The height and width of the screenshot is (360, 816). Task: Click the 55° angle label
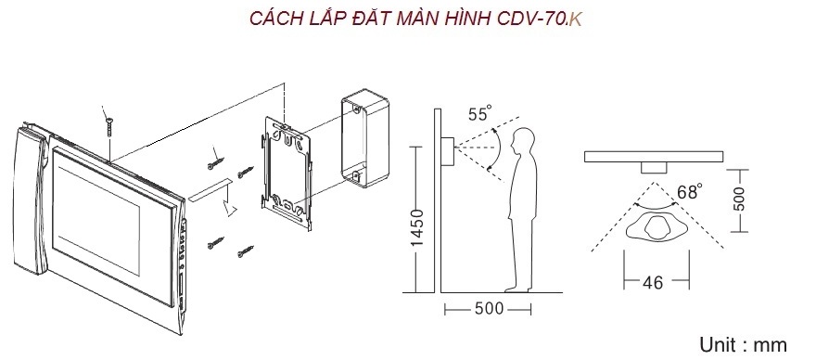[x=479, y=113]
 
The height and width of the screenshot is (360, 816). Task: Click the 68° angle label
[x=688, y=192]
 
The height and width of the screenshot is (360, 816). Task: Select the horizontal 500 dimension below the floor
[x=489, y=309]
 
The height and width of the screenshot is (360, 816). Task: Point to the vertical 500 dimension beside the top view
[x=738, y=199]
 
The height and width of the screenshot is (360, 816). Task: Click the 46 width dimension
[x=653, y=282]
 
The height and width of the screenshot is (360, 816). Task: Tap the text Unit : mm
[x=743, y=345]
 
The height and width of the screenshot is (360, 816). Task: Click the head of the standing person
[x=522, y=141]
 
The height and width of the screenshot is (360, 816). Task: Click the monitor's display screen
[x=97, y=221]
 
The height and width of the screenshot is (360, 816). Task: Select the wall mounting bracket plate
[x=287, y=173]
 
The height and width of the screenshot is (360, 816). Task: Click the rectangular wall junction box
[x=364, y=141]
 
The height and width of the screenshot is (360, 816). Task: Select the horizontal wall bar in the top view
[x=653, y=156]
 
